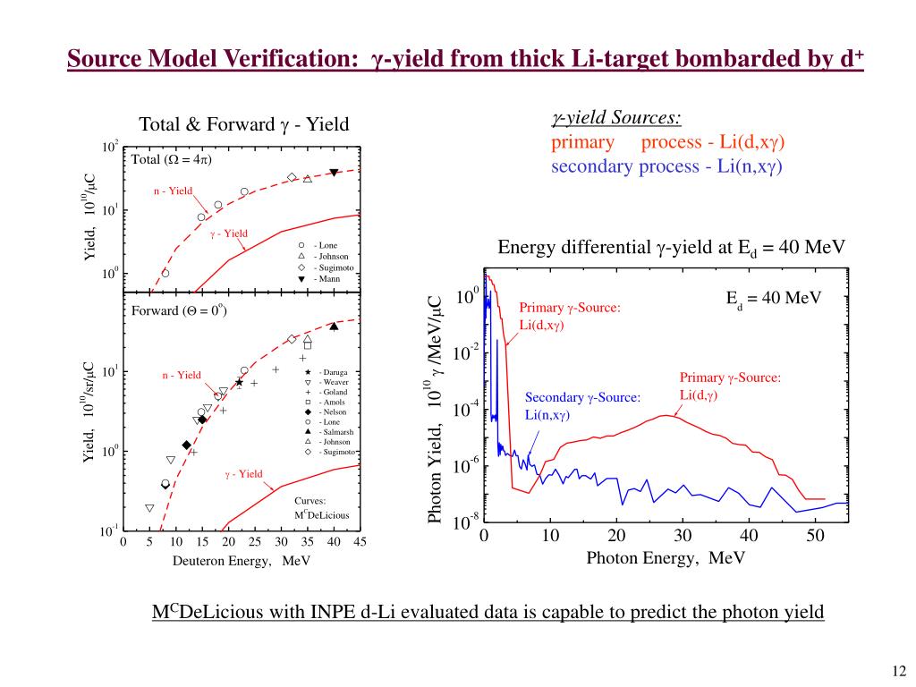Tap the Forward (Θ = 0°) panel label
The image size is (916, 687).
179,311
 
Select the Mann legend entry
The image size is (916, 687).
327,278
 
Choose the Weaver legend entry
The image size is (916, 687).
334,382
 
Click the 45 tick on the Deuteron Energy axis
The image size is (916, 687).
360,542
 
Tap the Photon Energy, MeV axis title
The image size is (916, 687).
666,558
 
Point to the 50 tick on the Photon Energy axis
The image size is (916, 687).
815,536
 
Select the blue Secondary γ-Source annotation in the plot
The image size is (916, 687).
582,406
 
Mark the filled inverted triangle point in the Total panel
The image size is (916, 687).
334,172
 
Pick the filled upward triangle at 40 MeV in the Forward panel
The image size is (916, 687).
334,327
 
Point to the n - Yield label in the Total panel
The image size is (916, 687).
173,191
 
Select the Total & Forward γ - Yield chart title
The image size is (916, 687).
243,124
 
